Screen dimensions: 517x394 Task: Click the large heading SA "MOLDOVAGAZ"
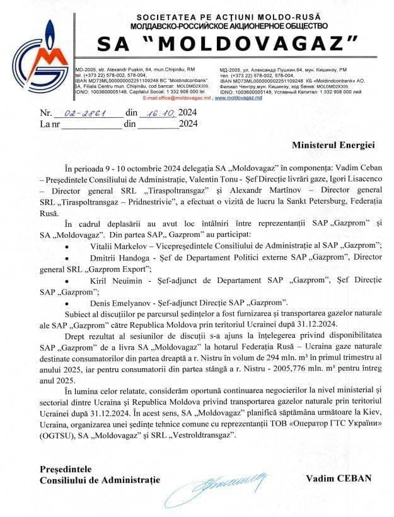pos(228,44)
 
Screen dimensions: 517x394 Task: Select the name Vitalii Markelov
pos(120,258)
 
